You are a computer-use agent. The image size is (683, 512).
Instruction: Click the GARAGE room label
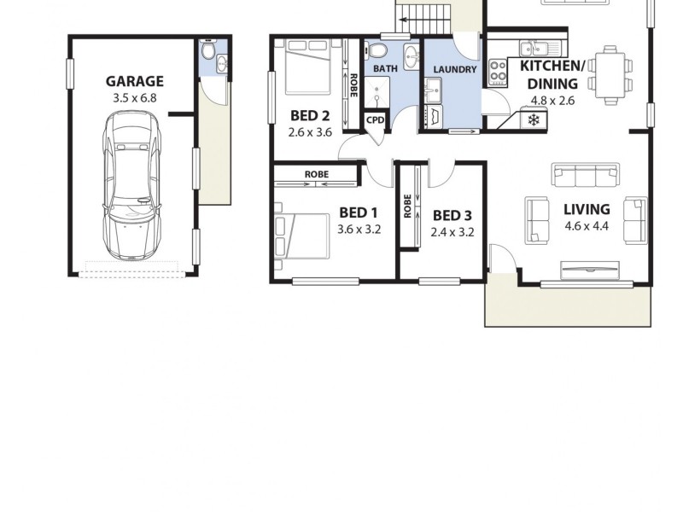tap(134, 82)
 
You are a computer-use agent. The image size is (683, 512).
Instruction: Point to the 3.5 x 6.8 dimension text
tap(134, 98)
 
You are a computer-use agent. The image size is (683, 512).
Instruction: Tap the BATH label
tap(385, 68)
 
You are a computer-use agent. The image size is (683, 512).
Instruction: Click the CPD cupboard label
tap(376, 120)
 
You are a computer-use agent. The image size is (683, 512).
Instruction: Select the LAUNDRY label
tap(454, 69)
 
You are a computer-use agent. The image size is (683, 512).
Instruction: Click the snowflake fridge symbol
tap(534, 119)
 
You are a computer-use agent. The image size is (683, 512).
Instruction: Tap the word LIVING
tap(587, 209)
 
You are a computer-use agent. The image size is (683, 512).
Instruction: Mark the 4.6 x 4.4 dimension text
tap(586, 226)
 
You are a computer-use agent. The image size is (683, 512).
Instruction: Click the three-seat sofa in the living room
tap(586, 175)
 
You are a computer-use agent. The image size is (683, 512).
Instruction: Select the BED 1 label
tap(358, 212)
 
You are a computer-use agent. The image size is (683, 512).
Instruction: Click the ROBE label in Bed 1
tap(316, 174)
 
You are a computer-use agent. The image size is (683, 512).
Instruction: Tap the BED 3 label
tap(452, 215)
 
